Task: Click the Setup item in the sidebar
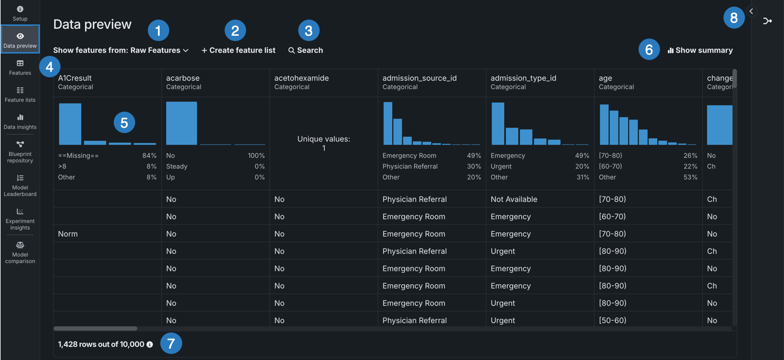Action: pos(20,13)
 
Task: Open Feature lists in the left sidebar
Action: pos(20,94)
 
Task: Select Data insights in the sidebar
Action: pos(20,121)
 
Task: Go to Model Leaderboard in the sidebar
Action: pos(20,185)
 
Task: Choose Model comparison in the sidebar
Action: pos(20,252)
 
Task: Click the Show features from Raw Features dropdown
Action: pos(121,50)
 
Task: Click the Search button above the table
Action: pos(306,50)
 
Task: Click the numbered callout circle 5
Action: pos(124,123)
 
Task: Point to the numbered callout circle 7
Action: pos(172,343)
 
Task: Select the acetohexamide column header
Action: pos(301,78)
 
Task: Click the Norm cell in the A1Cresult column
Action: pos(68,234)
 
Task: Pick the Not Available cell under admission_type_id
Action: pos(513,199)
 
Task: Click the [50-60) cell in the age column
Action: pos(612,320)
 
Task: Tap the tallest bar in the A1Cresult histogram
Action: pos(70,123)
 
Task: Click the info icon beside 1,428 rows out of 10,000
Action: pos(150,344)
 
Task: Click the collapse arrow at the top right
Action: pos(751,11)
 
